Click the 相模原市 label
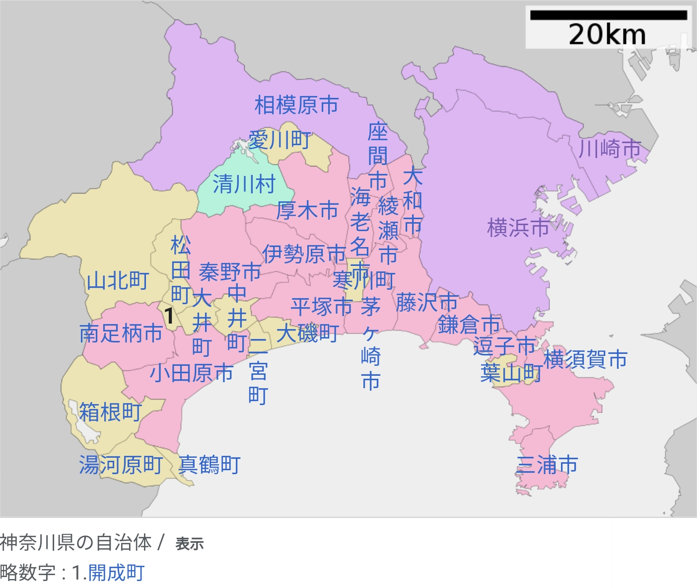(296, 105)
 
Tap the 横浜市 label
(518, 228)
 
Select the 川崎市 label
(610, 149)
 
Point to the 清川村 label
(244, 184)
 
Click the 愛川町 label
(279, 140)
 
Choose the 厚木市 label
(307, 211)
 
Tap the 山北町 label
(118, 281)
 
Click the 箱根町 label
(111, 412)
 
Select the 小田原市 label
(192, 373)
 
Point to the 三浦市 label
(547, 465)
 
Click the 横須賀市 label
(585, 359)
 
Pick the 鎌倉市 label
(469, 325)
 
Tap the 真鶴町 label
(209, 465)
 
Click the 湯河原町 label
(121, 465)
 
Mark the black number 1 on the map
(169, 316)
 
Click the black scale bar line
(608, 15)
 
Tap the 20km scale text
(607, 35)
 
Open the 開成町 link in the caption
(116, 573)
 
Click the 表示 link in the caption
(190, 544)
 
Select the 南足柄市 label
(121, 333)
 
